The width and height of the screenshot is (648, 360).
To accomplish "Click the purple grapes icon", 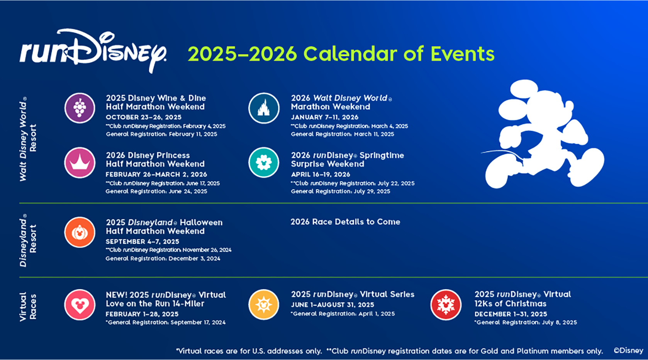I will click(80, 108).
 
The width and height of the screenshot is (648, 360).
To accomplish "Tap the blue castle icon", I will click(264, 108).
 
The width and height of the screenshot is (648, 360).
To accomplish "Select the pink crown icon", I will click(80, 163).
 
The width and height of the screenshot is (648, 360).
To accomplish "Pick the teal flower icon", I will click(264, 163).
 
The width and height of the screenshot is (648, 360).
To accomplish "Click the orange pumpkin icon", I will click(80, 232).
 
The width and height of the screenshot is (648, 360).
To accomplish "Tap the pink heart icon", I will click(80, 305).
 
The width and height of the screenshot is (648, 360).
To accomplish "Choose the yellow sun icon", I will click(264, 305).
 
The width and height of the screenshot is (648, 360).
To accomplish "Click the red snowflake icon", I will click(446, 305).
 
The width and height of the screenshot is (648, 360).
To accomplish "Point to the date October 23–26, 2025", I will click(143, 117).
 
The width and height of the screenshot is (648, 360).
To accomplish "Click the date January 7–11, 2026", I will click(324, 117).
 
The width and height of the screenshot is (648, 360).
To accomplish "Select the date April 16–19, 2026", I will click(321, 174).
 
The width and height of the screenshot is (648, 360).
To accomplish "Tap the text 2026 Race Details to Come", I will click(345, 222).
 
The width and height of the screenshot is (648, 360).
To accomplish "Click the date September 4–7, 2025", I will click(142, 241).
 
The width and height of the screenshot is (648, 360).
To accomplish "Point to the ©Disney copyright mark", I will click(628, 350).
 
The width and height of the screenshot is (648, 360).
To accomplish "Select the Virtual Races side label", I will click(28, 306).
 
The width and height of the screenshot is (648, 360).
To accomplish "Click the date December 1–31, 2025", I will click(511, 314).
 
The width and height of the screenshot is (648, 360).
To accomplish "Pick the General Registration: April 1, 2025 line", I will click(343, 314).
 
